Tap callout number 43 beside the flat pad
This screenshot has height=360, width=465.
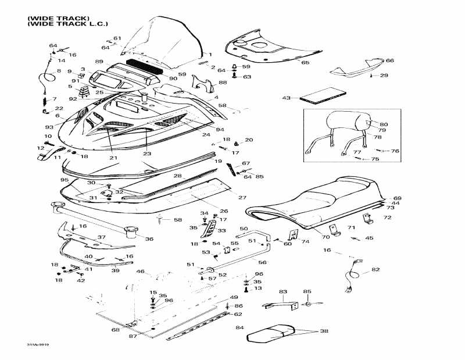pyautogui.click(x=286, y=98)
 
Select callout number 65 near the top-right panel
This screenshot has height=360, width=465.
pyautogui.click(x=305, y=62)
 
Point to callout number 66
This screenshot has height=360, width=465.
pyautogui.click(x=389, y=60)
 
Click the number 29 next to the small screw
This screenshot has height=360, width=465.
pyautogui.click(x=384, y=76)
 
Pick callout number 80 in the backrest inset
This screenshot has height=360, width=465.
pyautogui.click(x=383, y=124)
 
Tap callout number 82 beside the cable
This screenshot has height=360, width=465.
pyautogui.click(x=375, y=269)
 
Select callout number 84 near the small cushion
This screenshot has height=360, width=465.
pyautogui.click(x=239, y=328)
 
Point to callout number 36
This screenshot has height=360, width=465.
pyautogui.click(x=149, y=239)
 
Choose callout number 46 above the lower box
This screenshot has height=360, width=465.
pyautogui.click(x=140, y=272)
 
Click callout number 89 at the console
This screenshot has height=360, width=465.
pyautogui.click(x=99, y=62)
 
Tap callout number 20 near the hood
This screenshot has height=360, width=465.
pyautogui.click(x=249, y=140)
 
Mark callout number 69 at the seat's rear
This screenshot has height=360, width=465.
pyautogui.click(x=397, y=198)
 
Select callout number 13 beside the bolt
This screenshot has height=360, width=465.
pyautogui.click(x=258, y=288)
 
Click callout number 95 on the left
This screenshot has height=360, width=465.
pyautogui.click(x=65, y=180)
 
